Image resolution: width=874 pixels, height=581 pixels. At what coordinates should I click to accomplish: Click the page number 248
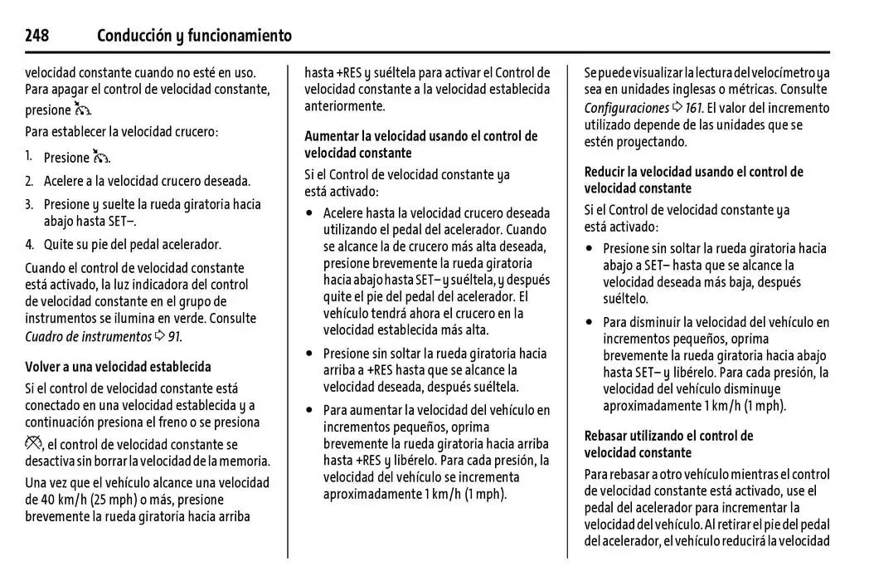coord(37,36)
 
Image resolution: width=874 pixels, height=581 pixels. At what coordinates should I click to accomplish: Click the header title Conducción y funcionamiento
coord(194,36)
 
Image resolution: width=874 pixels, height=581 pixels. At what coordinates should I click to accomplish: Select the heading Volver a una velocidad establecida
coord(118,366)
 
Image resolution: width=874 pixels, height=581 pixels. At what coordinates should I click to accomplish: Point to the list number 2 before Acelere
coord(29,181)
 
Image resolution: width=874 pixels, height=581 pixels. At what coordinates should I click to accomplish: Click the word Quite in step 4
coord(59,244)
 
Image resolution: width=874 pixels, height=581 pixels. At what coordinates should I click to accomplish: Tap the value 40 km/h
coord(52,500)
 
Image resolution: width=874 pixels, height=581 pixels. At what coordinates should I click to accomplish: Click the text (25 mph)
coord(107,500)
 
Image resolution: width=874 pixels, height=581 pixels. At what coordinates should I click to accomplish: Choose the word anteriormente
coord(344,106)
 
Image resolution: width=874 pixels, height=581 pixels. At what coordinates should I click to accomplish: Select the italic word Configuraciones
coord(626,108)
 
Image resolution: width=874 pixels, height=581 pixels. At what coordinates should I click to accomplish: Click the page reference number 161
coord(693,108)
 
